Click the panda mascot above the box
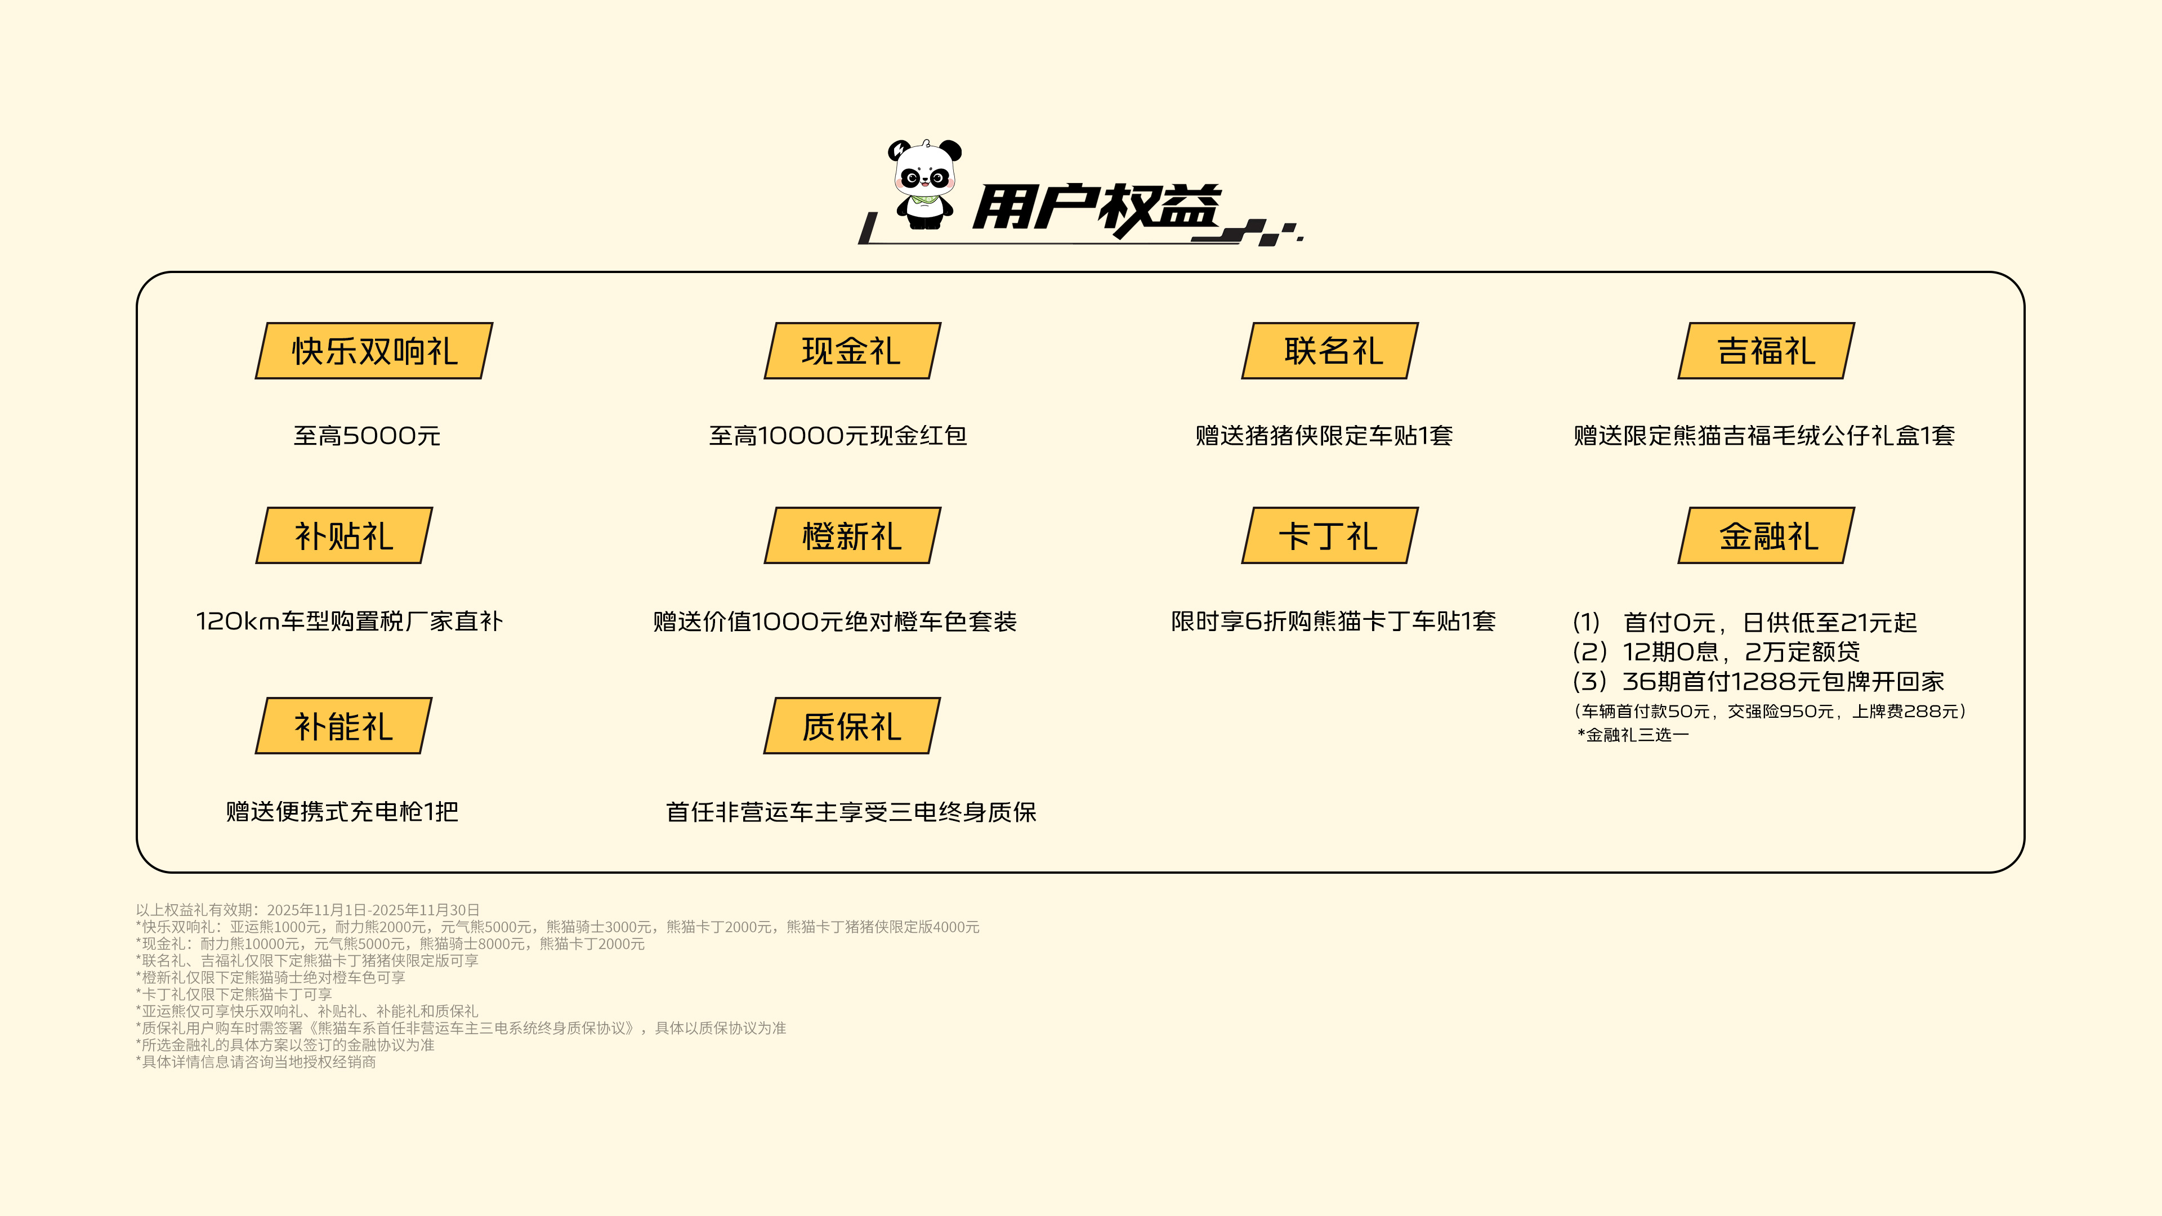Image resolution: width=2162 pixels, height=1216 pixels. (924, 185)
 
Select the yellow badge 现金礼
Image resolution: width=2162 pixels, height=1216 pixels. (852, 351)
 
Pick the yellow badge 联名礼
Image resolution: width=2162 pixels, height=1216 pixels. (1330, 351)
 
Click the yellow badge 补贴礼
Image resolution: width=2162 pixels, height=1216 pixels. (344, 535)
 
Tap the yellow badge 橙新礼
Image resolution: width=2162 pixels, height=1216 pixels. (852, 535)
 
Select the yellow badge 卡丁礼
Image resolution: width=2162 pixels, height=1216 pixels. (1330, 535)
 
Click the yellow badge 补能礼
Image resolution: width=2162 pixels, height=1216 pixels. (344, 726)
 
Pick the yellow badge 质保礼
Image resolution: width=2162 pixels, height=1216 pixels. (852, 726)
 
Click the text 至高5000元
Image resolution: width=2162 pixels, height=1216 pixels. (367, 436)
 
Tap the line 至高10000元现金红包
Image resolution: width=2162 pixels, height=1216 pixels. (838, 436)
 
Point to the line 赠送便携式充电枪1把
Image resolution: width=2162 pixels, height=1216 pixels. (342, 811)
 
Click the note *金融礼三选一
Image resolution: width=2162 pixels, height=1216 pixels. (1633, 735)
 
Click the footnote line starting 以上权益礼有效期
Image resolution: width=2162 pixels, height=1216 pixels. (308, 910)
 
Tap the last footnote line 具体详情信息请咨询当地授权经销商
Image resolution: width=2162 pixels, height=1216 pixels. (256, 1062)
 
